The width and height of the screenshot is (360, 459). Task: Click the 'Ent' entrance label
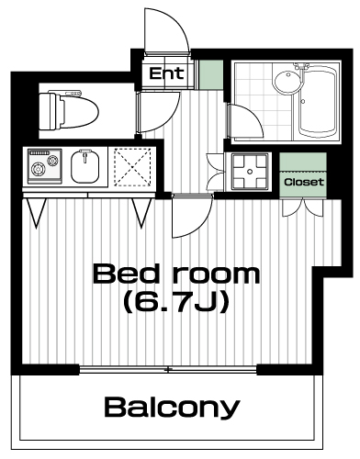click(x=166, y=73)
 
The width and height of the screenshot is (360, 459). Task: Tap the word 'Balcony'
click(x=172, y=408)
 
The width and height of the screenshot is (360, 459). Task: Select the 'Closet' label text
click(x=304, y=182)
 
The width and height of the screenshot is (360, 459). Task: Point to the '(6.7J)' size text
click(x=176, y=302)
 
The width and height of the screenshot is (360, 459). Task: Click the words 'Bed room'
click(x=176, y=274)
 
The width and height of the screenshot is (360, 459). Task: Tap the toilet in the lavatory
click(x=69, y=111)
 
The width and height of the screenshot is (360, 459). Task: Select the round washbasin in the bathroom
click(x=287, y=82)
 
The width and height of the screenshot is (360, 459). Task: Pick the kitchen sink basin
click(x=85, y=167)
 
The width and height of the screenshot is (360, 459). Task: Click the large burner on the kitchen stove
click(x=39, y=169)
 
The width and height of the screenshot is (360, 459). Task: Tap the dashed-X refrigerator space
click(x=132, y=167)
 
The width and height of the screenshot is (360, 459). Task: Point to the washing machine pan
click(x=250, y=171)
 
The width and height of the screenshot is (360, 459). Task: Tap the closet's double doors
click(x=302, y=208)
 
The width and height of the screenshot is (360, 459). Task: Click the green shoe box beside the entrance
click(x=211, y=75)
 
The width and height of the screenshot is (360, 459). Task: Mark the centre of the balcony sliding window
click(x=168, y=370)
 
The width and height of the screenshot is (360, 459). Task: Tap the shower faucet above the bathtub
click(x=300, y=67)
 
